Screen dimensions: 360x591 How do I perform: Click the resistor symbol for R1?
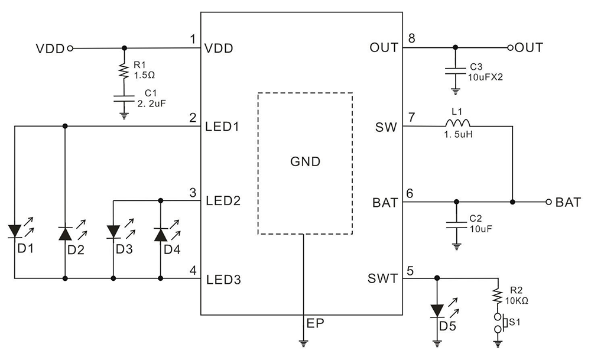124,71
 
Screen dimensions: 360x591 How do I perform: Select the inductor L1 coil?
457,124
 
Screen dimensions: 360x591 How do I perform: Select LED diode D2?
64,232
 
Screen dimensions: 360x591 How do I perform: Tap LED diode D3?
113,232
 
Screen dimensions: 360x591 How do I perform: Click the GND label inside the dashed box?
305,161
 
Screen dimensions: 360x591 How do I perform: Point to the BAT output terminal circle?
548,202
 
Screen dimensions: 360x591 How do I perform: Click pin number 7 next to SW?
411,117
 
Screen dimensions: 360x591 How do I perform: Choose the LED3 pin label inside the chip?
223,279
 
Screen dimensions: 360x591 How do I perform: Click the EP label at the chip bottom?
314,324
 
